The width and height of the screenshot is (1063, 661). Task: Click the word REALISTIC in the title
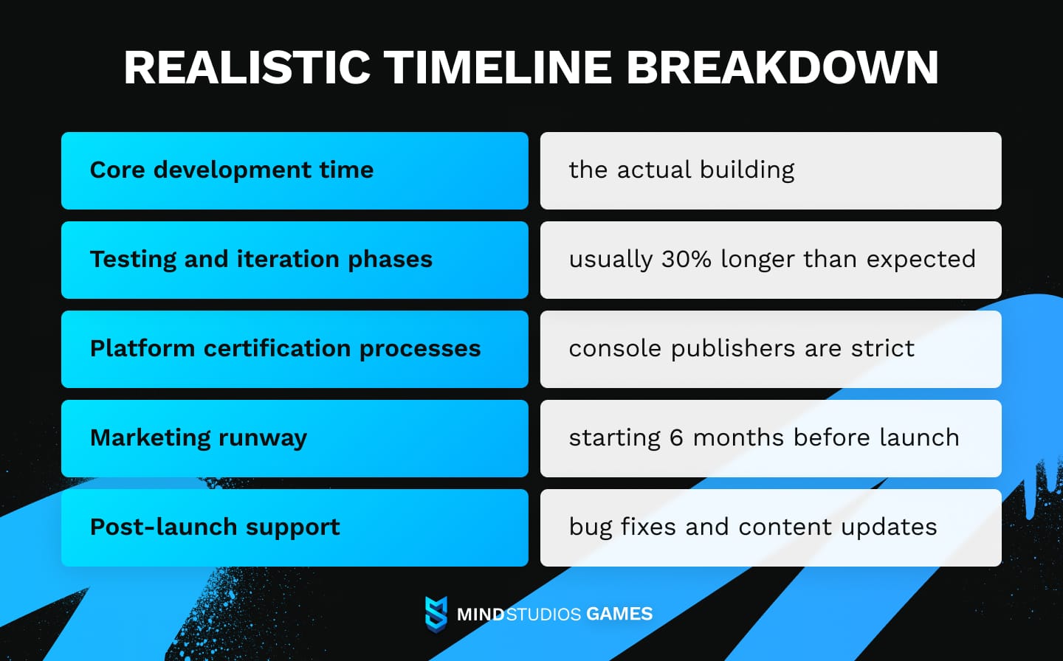(x=247, y=68)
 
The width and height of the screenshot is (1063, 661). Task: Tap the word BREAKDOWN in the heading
(x=782, y=68)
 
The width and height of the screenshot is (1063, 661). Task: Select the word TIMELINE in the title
(x=498, y=68)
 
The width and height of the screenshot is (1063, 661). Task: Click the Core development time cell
(x=295, y=170)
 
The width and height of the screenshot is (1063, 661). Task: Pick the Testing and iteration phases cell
(x=295, y=260)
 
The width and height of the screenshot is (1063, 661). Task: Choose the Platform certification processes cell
(x=295, y=349)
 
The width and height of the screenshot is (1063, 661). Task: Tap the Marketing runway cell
(x=295, y=438)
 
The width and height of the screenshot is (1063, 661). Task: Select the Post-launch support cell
(x=295, y=527)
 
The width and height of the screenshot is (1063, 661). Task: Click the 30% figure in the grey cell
(x=686, y=259)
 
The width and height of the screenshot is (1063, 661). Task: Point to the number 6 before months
(x=676, y=437)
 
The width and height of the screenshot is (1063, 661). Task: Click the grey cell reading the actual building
(x=771, y=170)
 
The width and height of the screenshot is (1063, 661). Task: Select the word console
(x=615, y=348)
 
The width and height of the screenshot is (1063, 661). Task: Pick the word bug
(x=591, y=527)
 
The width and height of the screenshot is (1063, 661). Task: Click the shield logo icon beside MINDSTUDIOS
(x=436, y=614)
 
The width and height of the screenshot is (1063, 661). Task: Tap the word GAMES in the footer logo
(x=619, y=614)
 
